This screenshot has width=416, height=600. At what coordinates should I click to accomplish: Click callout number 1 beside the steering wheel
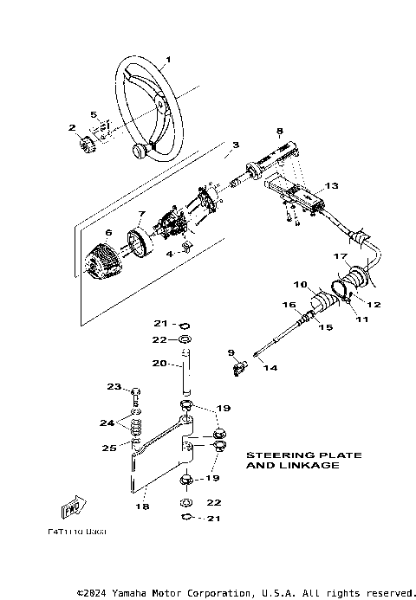tap(168, 59)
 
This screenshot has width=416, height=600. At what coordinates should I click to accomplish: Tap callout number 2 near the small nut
tap(72, 127)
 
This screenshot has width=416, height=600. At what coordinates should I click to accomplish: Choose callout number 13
tap(330, 186)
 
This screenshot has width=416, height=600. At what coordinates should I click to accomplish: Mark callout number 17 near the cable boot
tap(341, 257)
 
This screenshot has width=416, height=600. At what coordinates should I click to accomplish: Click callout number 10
tap(301, 284)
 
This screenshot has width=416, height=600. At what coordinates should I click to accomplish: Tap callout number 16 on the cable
tap(290, 305)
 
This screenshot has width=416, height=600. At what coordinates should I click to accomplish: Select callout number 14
tap(270, 368)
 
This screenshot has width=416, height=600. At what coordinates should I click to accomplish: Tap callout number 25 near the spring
tap(109, 448)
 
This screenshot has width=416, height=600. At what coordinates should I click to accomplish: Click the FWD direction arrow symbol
tap(72, 506)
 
